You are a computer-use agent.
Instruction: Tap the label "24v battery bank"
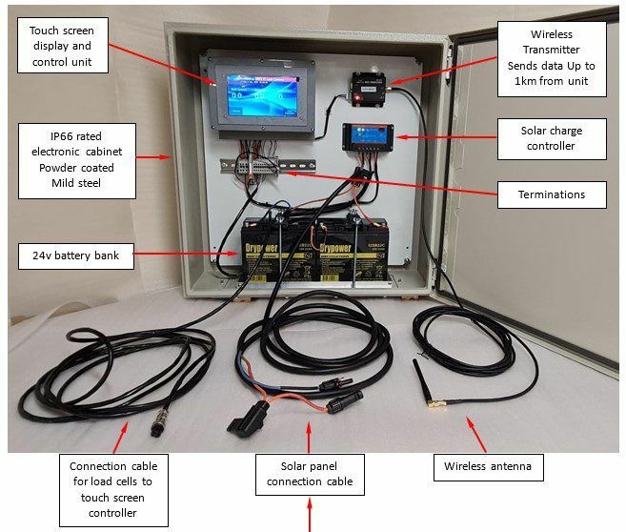75,256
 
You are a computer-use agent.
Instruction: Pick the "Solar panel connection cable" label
309,474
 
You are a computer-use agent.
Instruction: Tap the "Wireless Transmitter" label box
551,57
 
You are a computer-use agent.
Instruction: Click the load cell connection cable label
113,488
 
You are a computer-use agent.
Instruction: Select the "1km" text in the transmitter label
530,81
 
